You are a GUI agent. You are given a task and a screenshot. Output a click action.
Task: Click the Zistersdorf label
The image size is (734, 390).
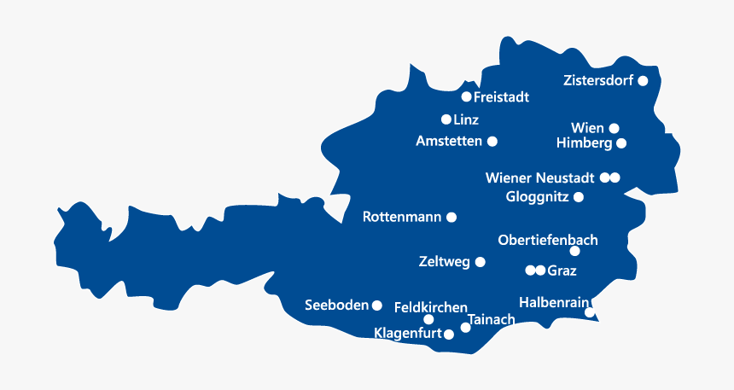point(598,81)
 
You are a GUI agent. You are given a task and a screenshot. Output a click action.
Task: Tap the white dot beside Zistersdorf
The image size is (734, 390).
point(643,81)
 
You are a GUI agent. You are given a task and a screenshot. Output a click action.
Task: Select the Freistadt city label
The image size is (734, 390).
point(501,97)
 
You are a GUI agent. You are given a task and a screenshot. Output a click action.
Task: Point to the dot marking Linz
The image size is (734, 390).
point(446,119)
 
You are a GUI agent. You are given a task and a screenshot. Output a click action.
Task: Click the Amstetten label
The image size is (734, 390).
point(449,141)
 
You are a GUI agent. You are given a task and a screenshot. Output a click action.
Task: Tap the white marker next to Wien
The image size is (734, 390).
point(614,129)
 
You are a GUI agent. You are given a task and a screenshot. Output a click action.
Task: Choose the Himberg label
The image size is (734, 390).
point(584,143)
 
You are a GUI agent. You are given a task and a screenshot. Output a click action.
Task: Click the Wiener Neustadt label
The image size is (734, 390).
point(539,178)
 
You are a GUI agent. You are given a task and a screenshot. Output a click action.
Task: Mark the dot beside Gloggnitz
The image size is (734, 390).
point(579,197)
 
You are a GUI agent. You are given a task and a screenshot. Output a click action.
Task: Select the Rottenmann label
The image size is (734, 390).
point(402,218)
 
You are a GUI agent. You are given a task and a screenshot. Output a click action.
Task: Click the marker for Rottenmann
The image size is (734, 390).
point(451,218)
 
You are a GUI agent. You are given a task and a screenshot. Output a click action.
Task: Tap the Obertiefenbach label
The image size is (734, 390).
point(548,241)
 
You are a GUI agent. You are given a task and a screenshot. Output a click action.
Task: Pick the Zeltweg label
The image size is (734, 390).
point(445,263)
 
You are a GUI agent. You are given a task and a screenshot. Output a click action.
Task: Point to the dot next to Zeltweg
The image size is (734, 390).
point(480,263)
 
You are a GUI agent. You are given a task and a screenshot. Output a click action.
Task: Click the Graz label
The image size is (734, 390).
point(562,271)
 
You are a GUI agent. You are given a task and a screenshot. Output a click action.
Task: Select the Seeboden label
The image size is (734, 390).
point(336,306)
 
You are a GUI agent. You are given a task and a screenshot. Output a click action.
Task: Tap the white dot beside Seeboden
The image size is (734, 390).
point(376,305)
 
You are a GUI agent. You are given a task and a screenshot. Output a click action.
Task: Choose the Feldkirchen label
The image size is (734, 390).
point(430,307)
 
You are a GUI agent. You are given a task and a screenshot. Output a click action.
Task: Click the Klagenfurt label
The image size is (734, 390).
point(408,334)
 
